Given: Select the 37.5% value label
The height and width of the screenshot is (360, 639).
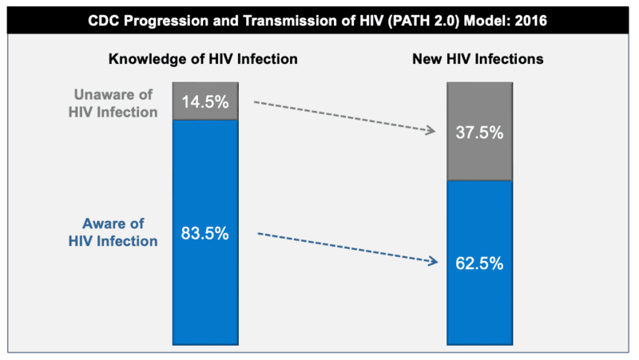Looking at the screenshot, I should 479,133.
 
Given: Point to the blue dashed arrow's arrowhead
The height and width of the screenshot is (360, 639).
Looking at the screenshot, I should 434,261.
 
